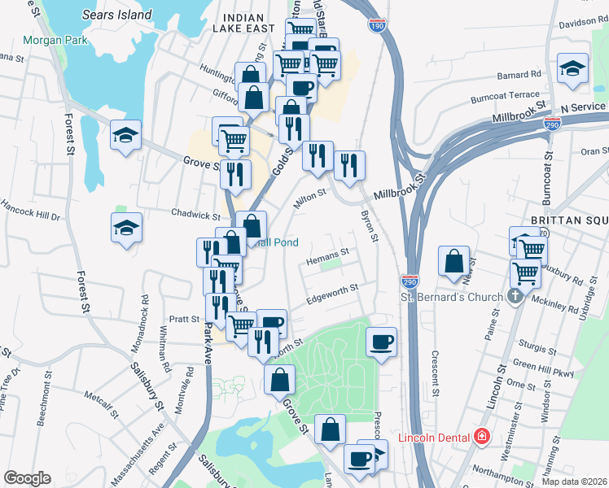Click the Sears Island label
click(116, 15)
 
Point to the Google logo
click(28, 478)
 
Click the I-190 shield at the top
click(376, 27)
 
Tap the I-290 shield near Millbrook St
click(552, 123)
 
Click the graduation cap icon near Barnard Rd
click(573, 69)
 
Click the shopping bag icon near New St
click(453, 260)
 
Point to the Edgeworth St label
click(332, 294)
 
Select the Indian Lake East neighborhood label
click(239, 23)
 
